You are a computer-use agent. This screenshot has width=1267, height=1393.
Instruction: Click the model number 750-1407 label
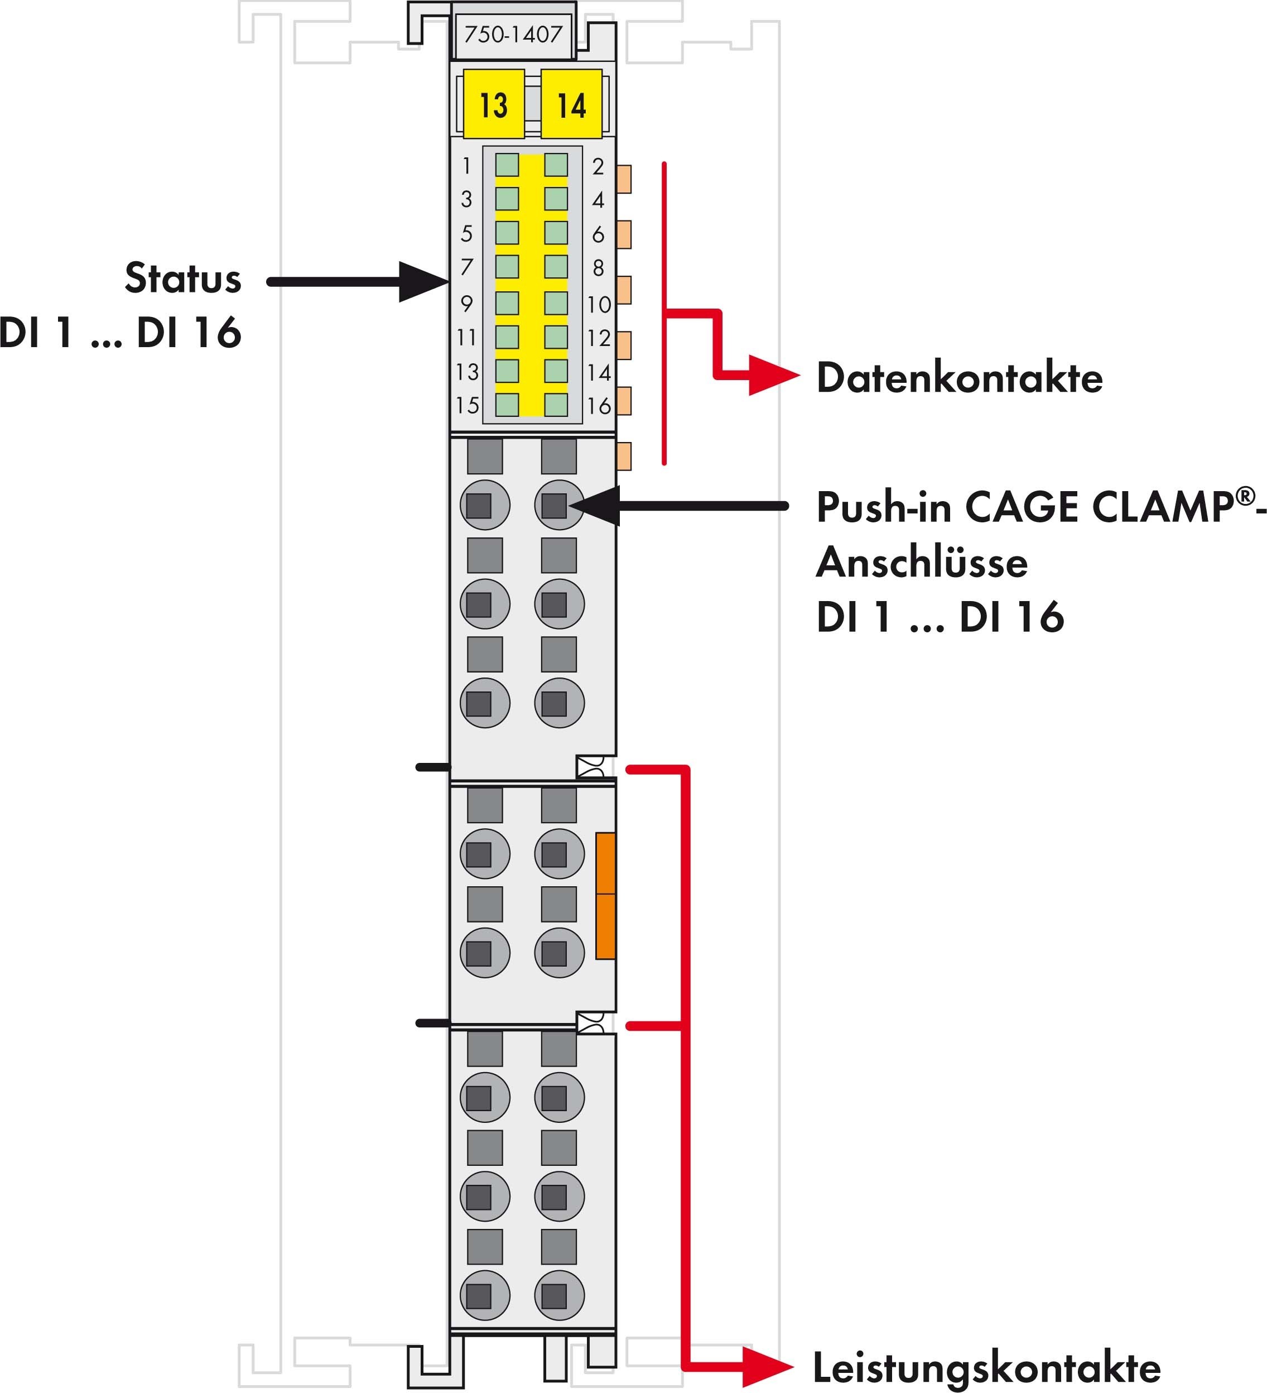513,35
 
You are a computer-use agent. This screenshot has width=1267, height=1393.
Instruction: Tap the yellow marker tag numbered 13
493,105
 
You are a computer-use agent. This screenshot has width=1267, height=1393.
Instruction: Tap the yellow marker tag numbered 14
571,105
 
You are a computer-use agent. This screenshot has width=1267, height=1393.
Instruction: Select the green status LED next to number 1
507,165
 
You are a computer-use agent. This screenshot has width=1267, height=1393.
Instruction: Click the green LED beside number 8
556,267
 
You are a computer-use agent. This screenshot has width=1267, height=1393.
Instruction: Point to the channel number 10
599,305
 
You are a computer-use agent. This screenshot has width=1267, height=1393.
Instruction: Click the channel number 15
467,405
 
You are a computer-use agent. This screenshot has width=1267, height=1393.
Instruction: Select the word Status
183,278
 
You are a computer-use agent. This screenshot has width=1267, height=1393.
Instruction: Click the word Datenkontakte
960,378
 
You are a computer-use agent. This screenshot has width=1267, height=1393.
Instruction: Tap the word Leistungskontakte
986,1367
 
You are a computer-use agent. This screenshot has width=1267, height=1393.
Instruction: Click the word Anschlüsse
922,562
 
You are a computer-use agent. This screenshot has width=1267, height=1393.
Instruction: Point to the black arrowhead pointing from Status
423,281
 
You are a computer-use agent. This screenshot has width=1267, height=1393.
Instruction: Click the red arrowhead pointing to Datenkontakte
774,377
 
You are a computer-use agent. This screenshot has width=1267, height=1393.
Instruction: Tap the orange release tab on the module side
605,896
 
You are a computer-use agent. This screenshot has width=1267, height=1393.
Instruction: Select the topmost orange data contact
624,179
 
